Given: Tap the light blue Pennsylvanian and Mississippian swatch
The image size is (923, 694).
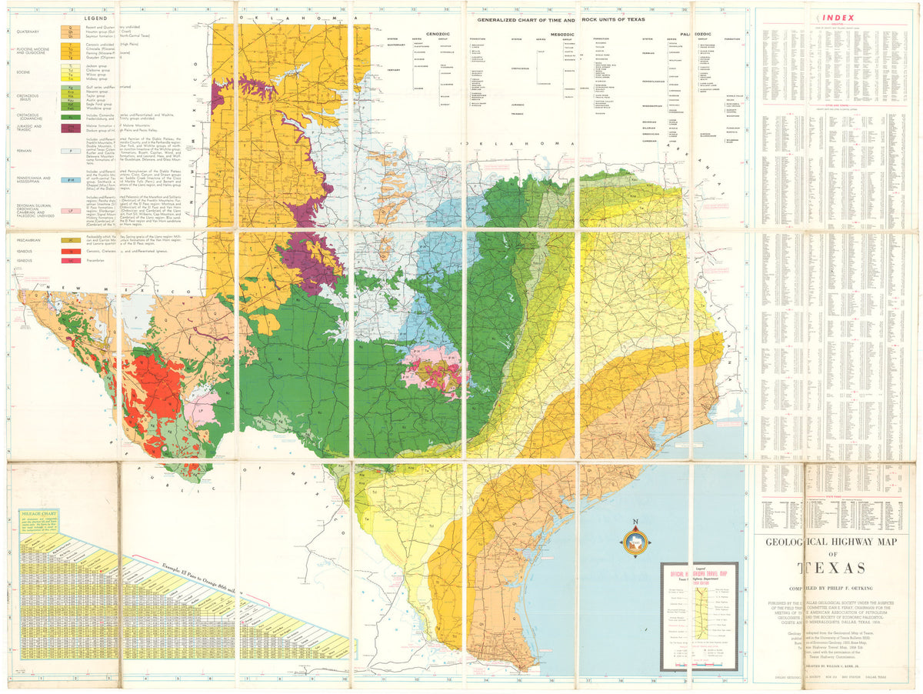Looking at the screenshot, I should click(71, 180).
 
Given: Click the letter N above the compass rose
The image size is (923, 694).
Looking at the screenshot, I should click(635, 522).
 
